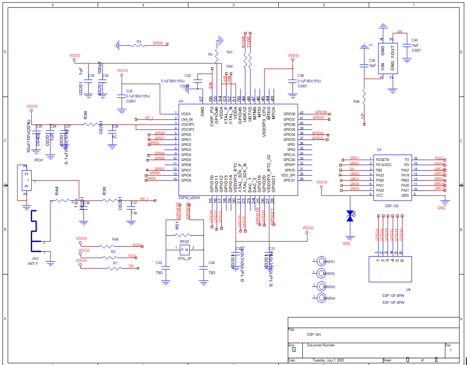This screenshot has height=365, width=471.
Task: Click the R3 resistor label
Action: (139, 41)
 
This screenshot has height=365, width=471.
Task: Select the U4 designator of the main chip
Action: (181, 101)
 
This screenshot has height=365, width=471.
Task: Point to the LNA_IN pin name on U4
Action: (187, 120)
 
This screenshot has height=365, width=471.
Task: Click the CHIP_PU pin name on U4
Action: (211, 114)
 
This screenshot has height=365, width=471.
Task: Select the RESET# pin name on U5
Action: (382, 159)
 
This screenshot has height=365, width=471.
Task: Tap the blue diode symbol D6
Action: (349, 216)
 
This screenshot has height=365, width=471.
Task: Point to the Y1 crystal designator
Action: (371, 45)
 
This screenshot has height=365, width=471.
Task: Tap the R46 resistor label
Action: (356, 102)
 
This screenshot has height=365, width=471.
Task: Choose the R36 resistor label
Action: (86, 114)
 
